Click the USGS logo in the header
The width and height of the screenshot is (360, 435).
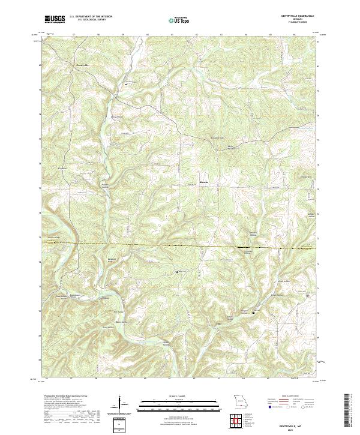point(55,20)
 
